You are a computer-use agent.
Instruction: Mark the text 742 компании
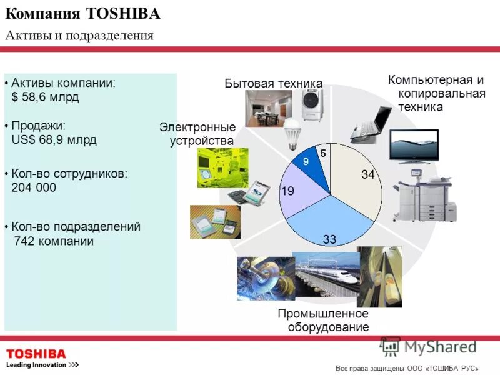click(x=53, y=241)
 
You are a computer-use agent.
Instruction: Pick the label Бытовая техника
click(x=273, y=84)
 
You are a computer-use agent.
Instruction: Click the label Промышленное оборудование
click(x=323, y=320)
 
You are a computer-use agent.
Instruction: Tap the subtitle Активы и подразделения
click(x=79, y=35)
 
